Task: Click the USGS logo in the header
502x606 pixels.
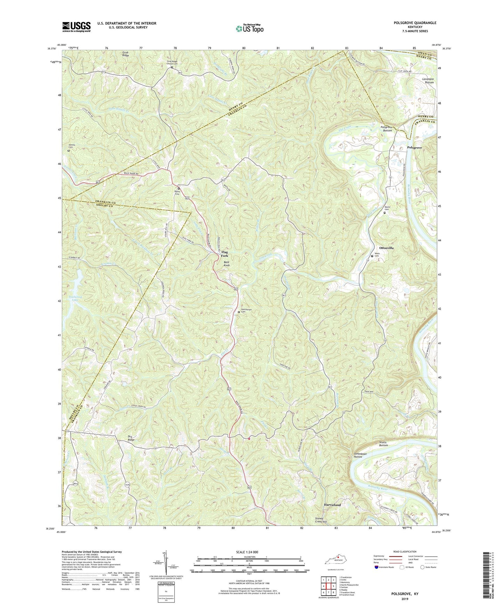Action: (x=76, y=27)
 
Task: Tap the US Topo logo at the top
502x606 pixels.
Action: (x=249, y=28)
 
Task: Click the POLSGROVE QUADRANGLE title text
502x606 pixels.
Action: (x=415, y=23)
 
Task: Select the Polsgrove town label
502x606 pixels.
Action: (x=414, y=148)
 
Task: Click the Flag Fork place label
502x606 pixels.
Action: (x=224, y=254)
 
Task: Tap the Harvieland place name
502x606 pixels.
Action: (x=332, y=505)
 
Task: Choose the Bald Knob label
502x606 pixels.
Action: (x=227, y=263)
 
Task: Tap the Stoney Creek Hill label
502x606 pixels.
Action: (x=321, y=520)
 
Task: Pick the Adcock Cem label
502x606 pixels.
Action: (x=72, y=146)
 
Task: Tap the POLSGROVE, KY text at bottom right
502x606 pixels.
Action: (x=405, y=594)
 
